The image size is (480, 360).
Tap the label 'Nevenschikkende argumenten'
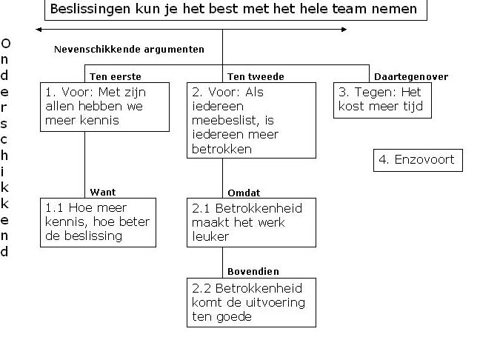pyautogui.click(x=129, y=50)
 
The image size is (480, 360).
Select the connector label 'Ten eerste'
pyautogui.click(x=116, y=76)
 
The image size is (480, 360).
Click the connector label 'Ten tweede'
pyautogui.click(x=256, y=76)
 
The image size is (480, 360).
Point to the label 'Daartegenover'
pyautogui.click(x=411, y=76)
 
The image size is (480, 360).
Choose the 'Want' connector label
pyautogui.click(x=103, y=193)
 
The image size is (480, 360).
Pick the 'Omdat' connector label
pyautogui.click(x=244, y=193)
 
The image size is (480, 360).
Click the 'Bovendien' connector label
pyautogui.click(x=253, y=272)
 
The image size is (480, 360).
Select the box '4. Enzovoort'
pyautogui.click(x=418, y=161)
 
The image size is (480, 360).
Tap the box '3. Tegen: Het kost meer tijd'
pyautogui.click(x=382, y=101)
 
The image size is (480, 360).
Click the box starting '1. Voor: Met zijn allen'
pyautogui.click(x=104, y=107)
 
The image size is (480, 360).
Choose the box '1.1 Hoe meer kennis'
pyautogui.click(x=98, y=222)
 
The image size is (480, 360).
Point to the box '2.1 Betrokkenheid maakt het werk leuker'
pyautogui.click(x=251, y=222)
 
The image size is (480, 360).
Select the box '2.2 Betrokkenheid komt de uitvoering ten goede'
pyautogui.click(x=251, y=302)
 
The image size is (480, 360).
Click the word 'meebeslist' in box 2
pyautogui.click(x=226, y=120)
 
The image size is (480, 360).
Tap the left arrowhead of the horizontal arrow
pyautogui.click(x=38, y=30)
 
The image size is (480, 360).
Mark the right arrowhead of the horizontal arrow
pyautogui.click(x=344, y=30)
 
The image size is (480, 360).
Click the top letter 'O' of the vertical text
pyautogui.click(x=5, y=44)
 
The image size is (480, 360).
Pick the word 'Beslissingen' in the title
pyautogui.click(x=90, y=9)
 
